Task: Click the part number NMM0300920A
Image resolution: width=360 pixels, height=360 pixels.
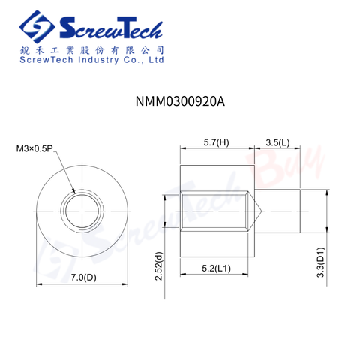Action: click(x=180, y=101)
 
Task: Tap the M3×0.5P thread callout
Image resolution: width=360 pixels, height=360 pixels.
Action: click(x=34, y=148)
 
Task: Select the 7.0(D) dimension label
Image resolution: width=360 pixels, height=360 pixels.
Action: click(x=83, y=277)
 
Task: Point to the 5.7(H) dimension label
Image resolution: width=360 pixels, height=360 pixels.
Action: click(x=216, y=142)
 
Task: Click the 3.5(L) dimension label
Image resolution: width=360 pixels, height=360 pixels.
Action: click(x=277, y=142)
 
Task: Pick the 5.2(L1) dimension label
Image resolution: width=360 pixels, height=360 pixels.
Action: click(x=216, y=268)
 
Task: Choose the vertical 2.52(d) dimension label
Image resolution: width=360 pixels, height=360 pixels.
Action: click(x=159, y=266)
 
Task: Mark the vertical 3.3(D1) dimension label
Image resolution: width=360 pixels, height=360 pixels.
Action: click(x=320, y=262)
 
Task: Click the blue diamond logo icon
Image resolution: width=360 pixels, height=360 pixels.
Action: click(x=37, y=27)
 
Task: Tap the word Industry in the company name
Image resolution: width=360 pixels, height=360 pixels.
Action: click(x=98, y=60)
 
